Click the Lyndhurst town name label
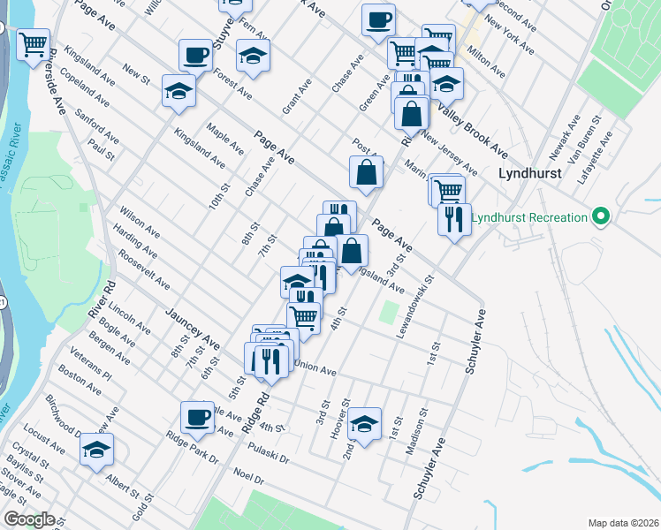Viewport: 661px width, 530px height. (x=530, y=174)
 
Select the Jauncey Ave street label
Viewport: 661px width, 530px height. (x=193, y=328)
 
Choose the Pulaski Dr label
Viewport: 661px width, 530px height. (x=270, y=449)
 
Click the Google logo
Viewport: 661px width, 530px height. (x=28, y=519)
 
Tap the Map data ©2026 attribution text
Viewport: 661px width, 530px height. (x=622, y=522)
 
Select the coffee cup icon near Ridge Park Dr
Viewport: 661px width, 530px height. (x=197, y=416)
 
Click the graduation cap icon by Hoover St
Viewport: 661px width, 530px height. (x=363, y=422)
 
